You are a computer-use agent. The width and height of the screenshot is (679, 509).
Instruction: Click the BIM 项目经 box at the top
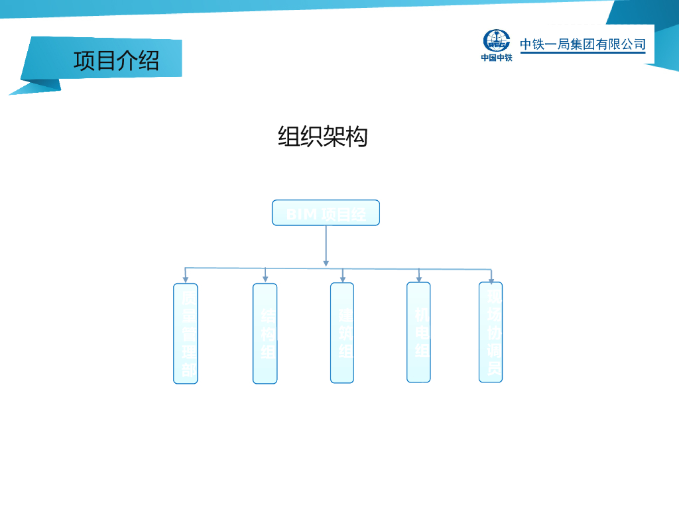pyautogui.click(x=326, y=213)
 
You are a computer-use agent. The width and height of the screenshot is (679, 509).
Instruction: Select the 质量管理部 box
pyautogui.click(x=186, y=333)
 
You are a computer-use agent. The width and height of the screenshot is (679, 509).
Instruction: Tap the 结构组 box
pyautogui.click(x=265, y=333)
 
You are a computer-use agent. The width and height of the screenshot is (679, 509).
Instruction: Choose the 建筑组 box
pyautogui.click(x=342, y=333)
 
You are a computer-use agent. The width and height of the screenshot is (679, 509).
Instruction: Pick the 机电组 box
pyautogui.click(x=418, y=332)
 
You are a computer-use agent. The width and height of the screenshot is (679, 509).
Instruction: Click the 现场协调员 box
pyautogui.click(x=491, y=332)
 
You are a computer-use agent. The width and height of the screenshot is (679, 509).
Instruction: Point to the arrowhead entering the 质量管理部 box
pyautogui.click(x=186, y=279)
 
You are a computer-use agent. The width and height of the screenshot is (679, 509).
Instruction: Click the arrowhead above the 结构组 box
pyautogui.click(x=265, y=279)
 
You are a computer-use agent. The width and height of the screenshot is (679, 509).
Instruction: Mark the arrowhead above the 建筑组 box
pyautogui.click(x=342, y=278)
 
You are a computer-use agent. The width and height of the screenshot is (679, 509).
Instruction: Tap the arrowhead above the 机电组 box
pyautogui.click(x=419, y=278)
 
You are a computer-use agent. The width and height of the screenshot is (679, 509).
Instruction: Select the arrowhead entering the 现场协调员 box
pyautogui.click(x=491, y=280)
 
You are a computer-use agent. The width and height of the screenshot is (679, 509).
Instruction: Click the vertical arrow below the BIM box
pyautogui.click(x=326, y=245)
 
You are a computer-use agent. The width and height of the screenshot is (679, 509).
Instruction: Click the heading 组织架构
pyautogui.click(x=322, y=137)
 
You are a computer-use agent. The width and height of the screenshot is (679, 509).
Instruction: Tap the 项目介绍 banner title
pyautogui.click(x=116, y=60)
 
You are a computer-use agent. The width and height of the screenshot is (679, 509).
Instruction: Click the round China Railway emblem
pyautogui.click(x=496, y=40)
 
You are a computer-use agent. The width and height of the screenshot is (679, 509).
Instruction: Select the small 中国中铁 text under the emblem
pyautogui.click(x=497, y=58)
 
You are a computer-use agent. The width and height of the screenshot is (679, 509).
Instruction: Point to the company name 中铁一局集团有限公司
pyautogui.click(x=583, y=44)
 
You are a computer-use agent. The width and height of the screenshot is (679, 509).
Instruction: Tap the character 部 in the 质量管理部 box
pyautogui.click(x=189, y=370)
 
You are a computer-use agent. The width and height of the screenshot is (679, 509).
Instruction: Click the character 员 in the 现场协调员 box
pyautogui.click(x=494, y=368)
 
